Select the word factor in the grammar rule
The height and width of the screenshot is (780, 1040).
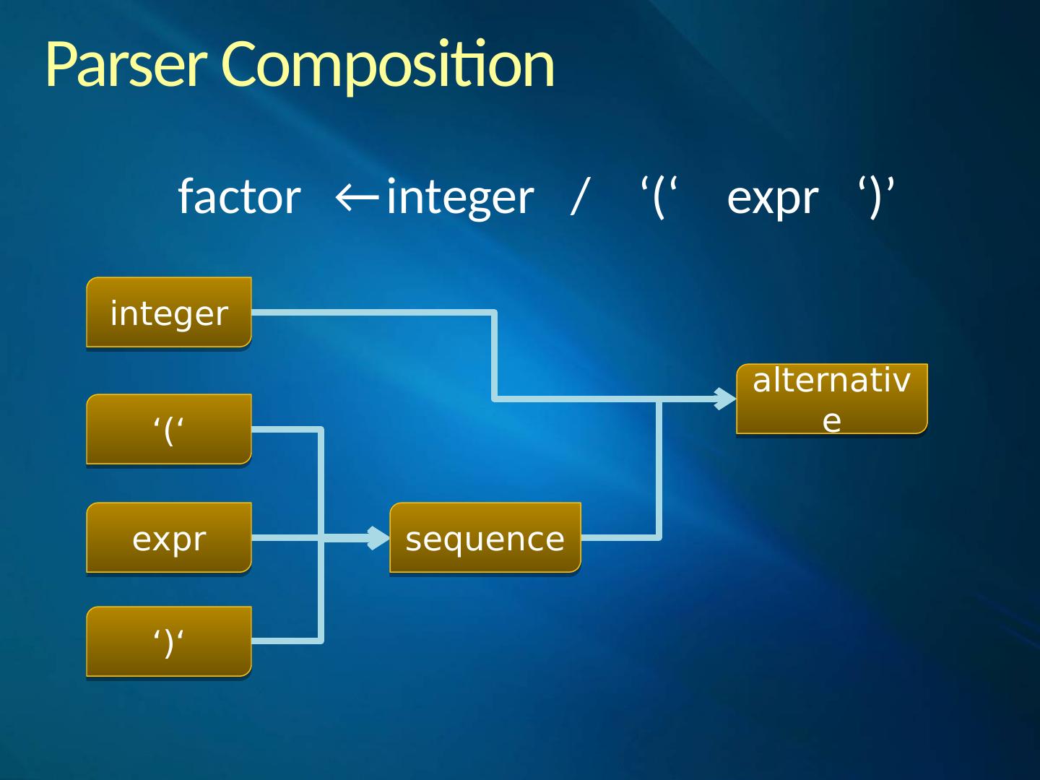point(239,196)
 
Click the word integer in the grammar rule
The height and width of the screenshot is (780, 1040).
point(460,198)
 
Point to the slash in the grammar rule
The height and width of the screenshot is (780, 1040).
point(578,196)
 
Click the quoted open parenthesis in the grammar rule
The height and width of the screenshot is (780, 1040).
point(658,196)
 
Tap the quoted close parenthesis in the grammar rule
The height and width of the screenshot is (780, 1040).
point(876,196)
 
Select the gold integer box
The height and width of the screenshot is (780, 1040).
point(169,313)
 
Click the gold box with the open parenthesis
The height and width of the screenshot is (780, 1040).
point(169,430)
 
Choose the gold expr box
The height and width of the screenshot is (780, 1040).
point(169,538)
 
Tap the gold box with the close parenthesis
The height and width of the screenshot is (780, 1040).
point(169,641)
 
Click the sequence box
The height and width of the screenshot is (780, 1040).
point(485,538)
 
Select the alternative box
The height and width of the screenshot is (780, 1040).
point(831,399)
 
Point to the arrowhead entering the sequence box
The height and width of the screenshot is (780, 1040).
point(379,538)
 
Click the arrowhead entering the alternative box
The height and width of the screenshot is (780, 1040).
point(725,399)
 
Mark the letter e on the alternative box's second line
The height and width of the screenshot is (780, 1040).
point(832,420)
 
